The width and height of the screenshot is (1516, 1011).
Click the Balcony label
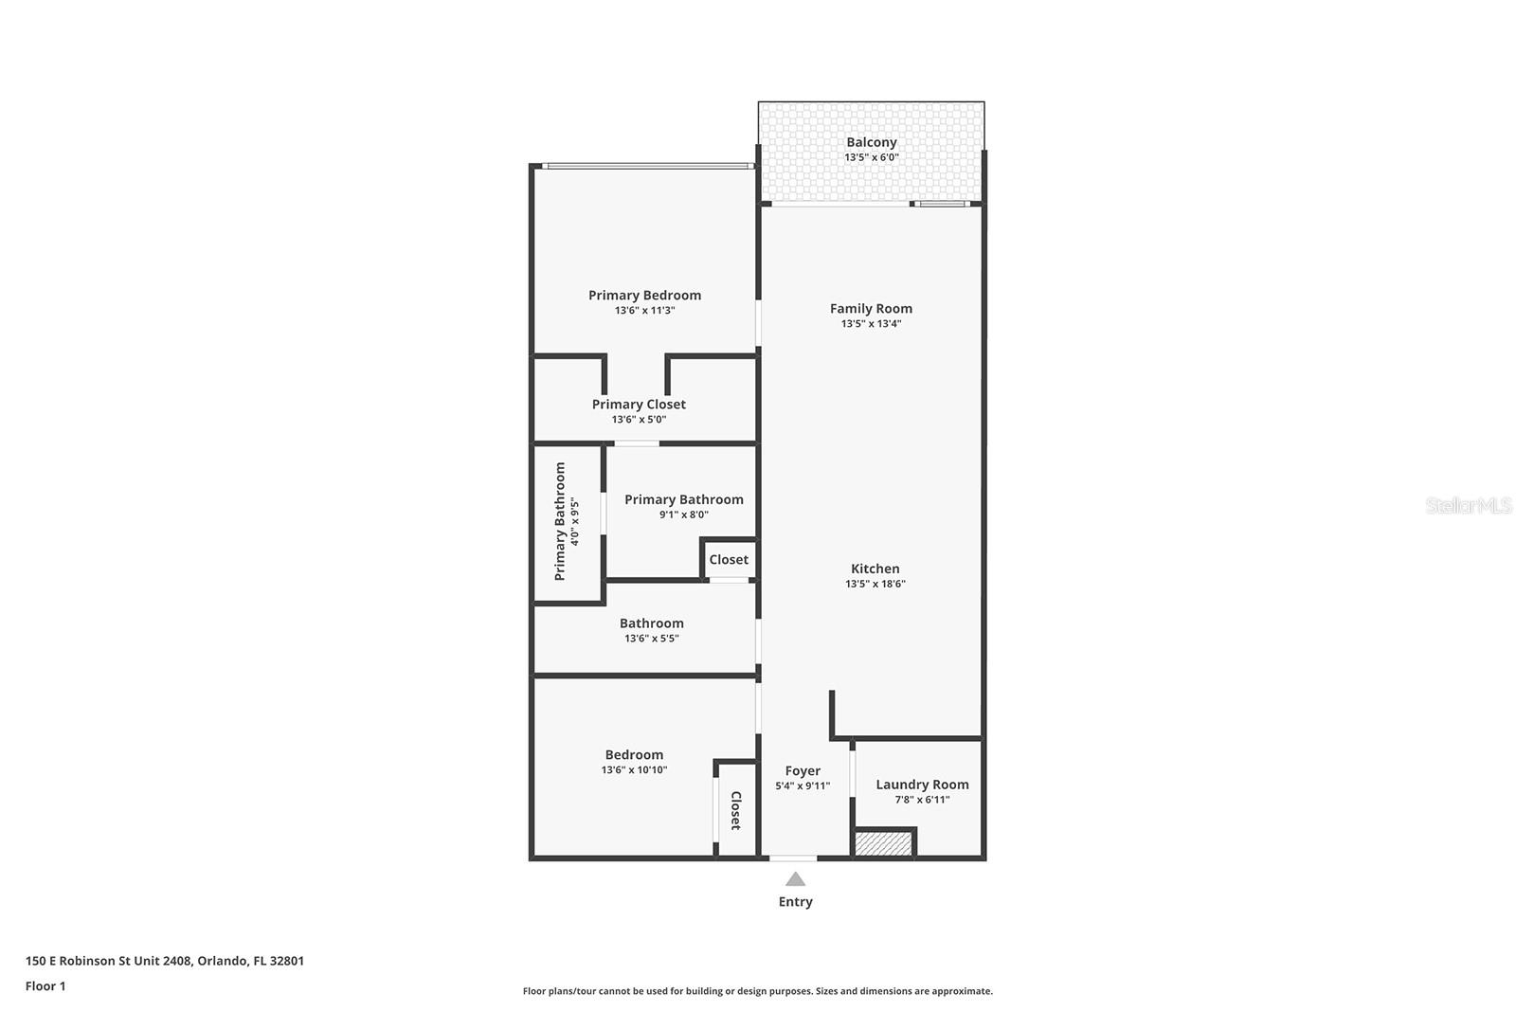[x=871, y=142]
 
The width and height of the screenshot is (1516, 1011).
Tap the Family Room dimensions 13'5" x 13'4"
[x=871, y=324]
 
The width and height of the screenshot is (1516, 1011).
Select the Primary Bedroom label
[x=644, y=295]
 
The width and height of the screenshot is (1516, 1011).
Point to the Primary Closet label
[x=639, y=404]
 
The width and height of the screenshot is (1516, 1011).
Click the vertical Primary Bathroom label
[x=560, y=521]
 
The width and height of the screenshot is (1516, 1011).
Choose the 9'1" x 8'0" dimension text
[x=683, y=515]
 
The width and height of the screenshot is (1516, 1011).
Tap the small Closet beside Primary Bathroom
[x=729, y=560]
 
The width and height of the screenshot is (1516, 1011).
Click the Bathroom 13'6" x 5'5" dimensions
[x=651, y=639]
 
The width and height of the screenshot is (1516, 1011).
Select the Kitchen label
[x=875, y=569]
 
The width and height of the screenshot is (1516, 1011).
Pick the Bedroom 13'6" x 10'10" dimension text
[x=634, y=770]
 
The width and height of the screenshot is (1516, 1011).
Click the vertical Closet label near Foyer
[x=735, y=810]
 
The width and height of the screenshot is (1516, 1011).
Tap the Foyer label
[x=803, y=770]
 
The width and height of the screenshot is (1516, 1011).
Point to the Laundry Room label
[x=922, y=785]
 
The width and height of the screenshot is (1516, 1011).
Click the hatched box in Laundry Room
[x=883, y=843]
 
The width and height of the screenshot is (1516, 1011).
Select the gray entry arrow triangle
[x=795, y=879]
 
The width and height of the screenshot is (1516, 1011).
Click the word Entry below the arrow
[x=795, y=902]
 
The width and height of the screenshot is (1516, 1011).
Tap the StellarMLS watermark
[x=1468, y=506]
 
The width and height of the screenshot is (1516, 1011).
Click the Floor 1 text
[x=45, y=986]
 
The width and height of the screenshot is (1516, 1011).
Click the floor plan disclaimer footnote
[x=757, y=991]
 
